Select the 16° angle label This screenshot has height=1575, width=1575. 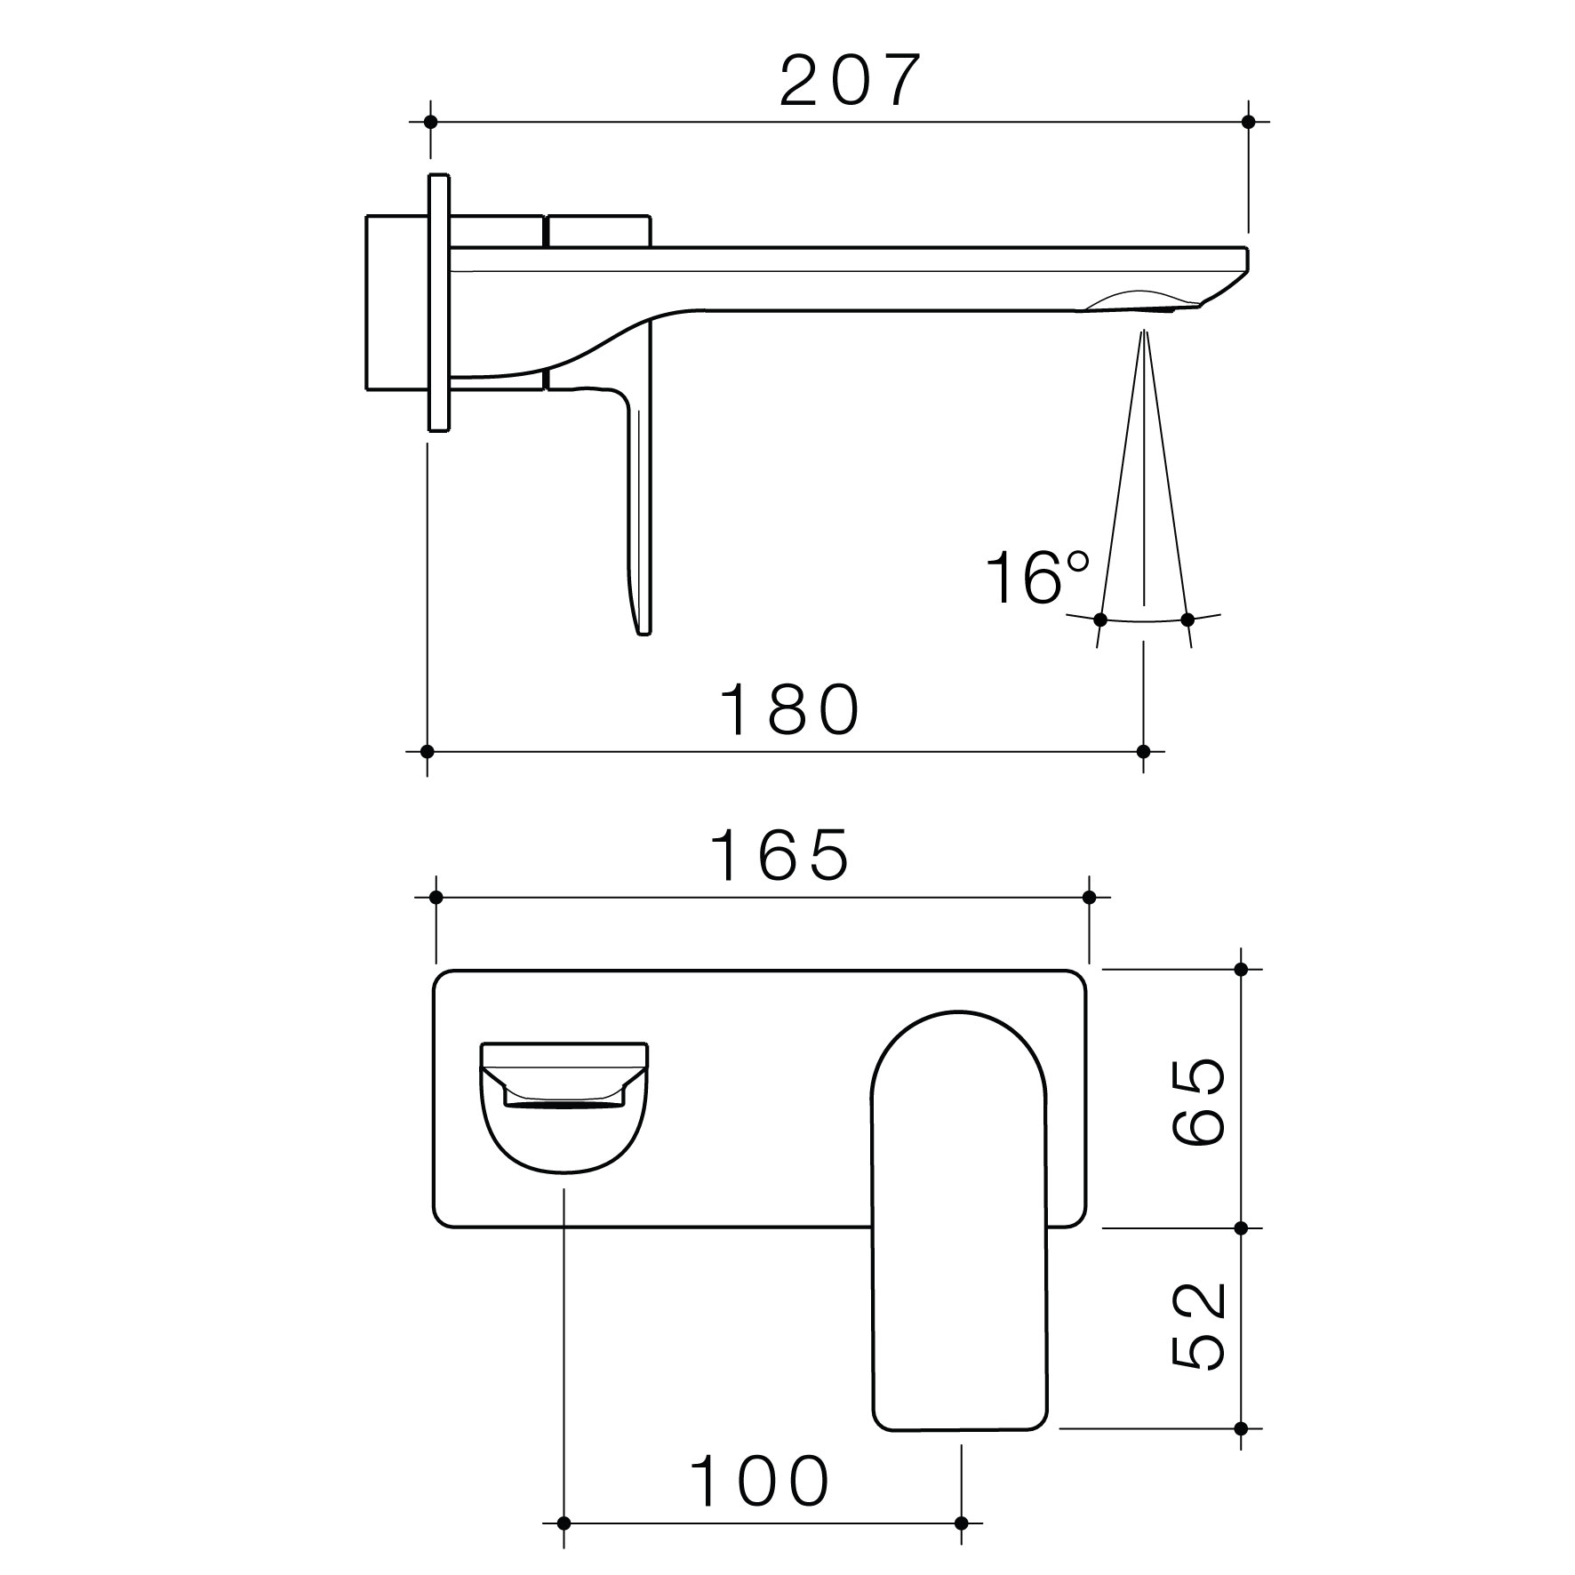coord(1037,578)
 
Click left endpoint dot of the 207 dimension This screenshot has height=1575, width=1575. coord(431,121)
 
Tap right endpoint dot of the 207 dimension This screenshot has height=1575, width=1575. coord(1248,121)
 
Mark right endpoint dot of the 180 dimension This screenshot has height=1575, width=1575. coord(1144,751)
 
